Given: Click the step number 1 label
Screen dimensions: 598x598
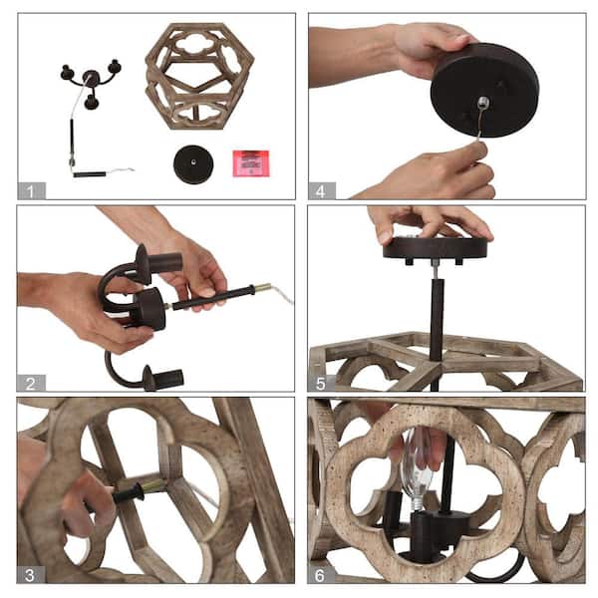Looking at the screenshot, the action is (31, 190).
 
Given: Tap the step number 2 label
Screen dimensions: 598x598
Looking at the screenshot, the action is (31, 383).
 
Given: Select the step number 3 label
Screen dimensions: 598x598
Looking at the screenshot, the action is (31, 575).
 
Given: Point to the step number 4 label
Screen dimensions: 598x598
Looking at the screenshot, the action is (322, 190).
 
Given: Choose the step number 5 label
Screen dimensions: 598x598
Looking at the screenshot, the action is (321, 383).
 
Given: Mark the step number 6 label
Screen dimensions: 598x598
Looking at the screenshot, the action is (321, 575).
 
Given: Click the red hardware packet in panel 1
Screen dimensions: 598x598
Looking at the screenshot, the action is (251, 163).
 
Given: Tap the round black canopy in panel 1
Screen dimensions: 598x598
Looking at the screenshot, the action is (193, 164).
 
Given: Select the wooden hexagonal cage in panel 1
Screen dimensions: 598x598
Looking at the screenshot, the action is (199, 76).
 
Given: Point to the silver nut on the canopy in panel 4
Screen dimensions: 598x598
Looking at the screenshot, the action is (483, 102).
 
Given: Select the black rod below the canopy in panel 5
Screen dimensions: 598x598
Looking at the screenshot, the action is (437, 320).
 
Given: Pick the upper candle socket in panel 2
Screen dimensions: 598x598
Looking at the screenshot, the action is (160, 263).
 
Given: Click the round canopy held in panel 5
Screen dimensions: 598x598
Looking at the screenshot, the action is (436, 248).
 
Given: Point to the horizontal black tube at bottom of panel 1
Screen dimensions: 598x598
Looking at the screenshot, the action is (90, 174).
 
